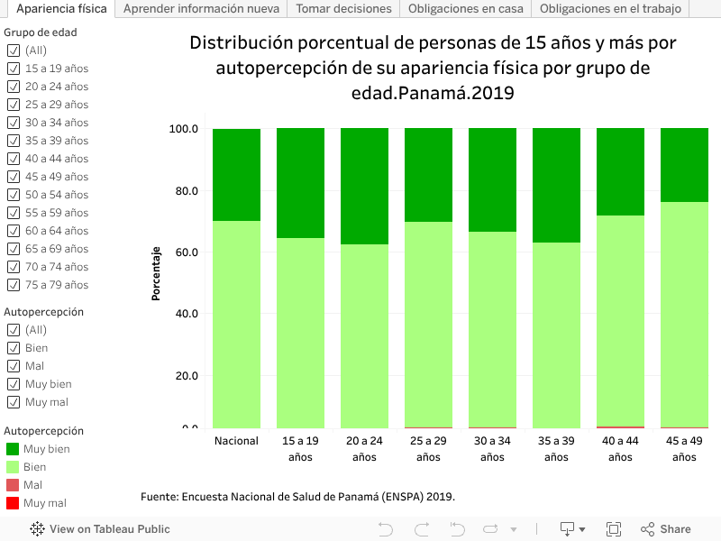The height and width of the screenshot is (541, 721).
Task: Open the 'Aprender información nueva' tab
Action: point(201,9)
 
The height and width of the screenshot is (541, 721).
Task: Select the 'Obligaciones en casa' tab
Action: point(465,9)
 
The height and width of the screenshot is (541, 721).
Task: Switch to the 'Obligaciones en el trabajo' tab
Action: point(610,9)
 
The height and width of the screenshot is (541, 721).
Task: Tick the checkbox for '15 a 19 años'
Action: point(13,69)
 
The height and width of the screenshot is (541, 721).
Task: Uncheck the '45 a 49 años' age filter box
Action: point(13,177)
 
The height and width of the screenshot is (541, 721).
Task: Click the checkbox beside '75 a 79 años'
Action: point(13,285)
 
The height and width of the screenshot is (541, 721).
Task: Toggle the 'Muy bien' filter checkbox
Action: point(13,384)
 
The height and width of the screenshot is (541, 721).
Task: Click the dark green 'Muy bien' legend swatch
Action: point(13,449)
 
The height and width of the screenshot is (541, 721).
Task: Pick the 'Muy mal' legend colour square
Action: point(13,503)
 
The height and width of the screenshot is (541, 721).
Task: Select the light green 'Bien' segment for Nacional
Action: point(236,325)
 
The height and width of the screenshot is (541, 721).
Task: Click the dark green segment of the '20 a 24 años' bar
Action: point(364,186)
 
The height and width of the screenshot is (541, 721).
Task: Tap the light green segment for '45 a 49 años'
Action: point(684,316)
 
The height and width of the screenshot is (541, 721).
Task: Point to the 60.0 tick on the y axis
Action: point(184,252)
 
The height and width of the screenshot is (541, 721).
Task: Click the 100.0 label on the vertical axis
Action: point(184,129)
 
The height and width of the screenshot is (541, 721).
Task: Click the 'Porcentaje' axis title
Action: point(156,272)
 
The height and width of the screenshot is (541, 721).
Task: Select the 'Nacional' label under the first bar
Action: point(236,442)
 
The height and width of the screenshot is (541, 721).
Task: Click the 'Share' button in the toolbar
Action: point(666,529)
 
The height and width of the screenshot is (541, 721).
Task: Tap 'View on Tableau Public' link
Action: point(100,529)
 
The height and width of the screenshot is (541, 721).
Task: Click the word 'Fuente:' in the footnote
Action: point(160,497)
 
